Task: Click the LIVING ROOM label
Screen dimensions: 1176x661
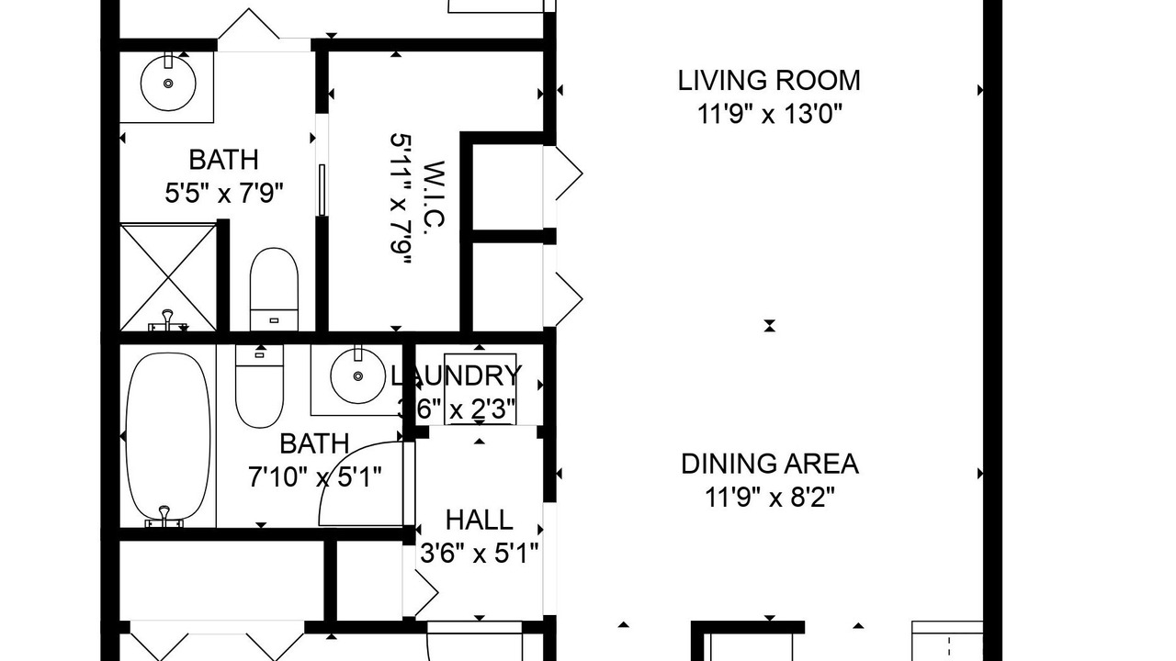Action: coord(769,81)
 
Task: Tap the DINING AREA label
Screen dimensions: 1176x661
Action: coord(770,464)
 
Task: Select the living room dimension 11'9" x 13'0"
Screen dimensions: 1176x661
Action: coord(770,114)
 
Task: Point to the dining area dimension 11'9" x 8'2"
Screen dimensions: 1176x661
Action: coord(769,498)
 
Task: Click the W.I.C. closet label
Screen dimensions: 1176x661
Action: coord(434,194)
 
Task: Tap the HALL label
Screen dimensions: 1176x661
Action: coord(480,520)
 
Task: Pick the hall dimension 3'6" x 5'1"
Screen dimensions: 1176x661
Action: coord(480,553)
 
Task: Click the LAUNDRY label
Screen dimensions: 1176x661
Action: coord(457,375)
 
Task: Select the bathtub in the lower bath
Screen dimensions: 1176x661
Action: coord(168,439)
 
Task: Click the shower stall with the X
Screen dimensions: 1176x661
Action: coord(168,277)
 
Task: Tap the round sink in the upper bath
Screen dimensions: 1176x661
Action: coord(168,83)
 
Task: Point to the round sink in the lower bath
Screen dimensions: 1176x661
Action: coord(358,375)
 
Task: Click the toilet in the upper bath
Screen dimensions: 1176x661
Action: coord(274,289)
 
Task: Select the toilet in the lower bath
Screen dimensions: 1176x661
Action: coord(259,386)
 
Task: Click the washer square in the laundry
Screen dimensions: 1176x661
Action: coord(480,388)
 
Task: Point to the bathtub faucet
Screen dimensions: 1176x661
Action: coord(164,517)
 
